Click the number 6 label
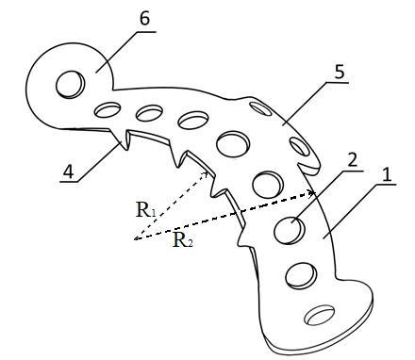(x=144, y=19)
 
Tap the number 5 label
(x=340, y=72)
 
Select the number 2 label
(x=352, y=160)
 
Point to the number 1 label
(x=388, y=174)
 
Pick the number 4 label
(x=69, y=172)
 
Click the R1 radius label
(x=145, y=210)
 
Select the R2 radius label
(x=183, y=240)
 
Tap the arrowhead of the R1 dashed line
(x=205, y=173)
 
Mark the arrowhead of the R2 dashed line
(x=311, y=193)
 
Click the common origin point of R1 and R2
(x=135, y=239)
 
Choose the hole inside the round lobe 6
(x=70, y=84)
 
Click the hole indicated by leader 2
(x=289, y=231)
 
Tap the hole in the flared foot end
(x=320, y=315)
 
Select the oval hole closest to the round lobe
(x=108, y=109)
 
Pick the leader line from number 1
(x=359, y=211)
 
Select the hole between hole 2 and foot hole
(x=301, y=276)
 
